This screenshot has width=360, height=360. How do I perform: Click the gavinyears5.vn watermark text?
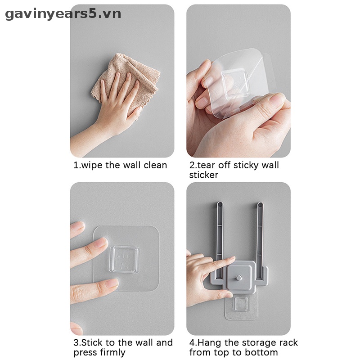(63, 14)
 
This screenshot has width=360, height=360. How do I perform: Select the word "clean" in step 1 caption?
(155, 165)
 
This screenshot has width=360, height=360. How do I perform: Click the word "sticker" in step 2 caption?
(203, 175)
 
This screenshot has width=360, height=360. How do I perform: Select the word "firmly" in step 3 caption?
(112, 352)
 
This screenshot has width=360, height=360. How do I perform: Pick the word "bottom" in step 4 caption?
(263, 352)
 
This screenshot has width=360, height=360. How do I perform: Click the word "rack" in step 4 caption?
(288, 342)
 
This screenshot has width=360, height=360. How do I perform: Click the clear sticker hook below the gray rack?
(241, 306)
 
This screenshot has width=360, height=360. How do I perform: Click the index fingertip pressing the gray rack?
(231, 261)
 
